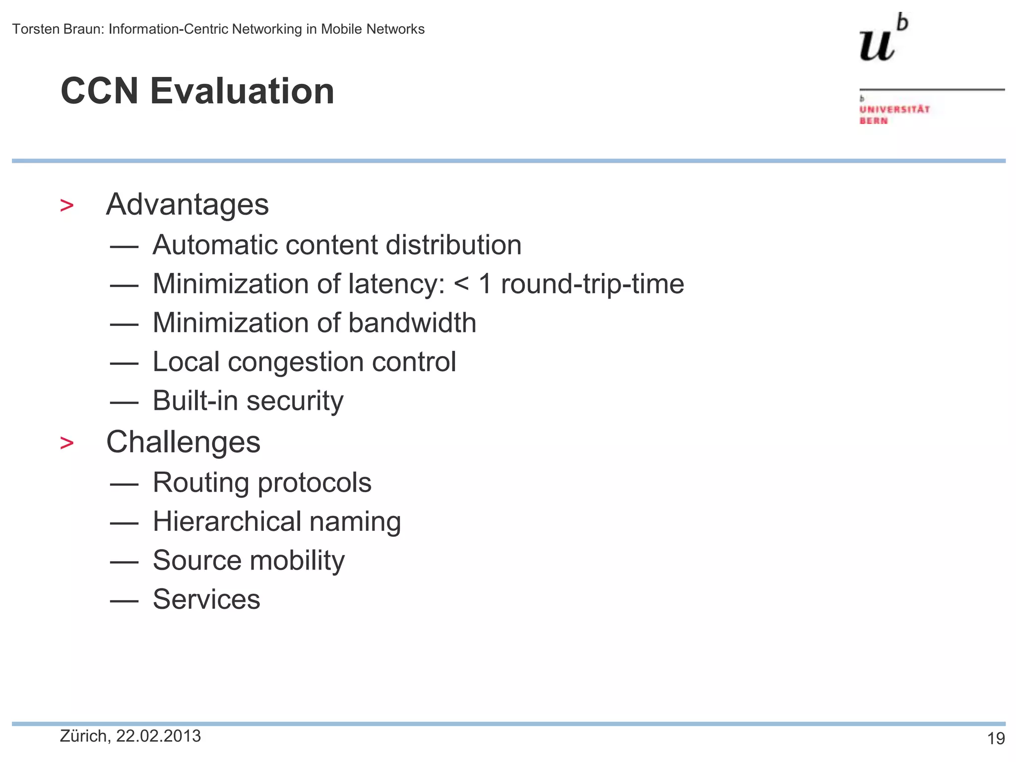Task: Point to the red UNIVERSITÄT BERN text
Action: (x=894, y=115)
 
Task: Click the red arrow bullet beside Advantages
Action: (x=66, y=205)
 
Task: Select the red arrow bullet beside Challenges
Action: (x=66, y=443)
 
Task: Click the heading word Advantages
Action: (x=187, y=204)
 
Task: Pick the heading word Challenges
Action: (x=183, y=442)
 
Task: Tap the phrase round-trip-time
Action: (x=592, y=284)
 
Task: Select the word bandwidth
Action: (x=412, y=323)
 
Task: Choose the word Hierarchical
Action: (x=227, y=522)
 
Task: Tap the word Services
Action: (x=206, y=599)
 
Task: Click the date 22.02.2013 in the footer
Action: (x=158, y=736)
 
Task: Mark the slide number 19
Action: (x=996, y=739)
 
